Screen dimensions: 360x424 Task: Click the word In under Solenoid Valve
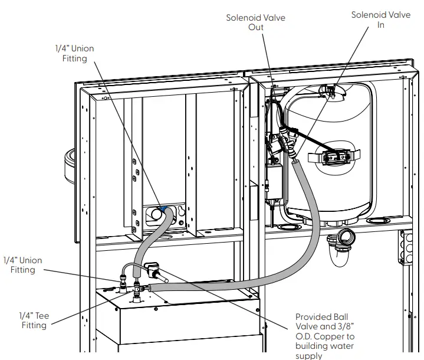(x=380, y=25)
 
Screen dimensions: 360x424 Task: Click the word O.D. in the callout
(x=305, y=336)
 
